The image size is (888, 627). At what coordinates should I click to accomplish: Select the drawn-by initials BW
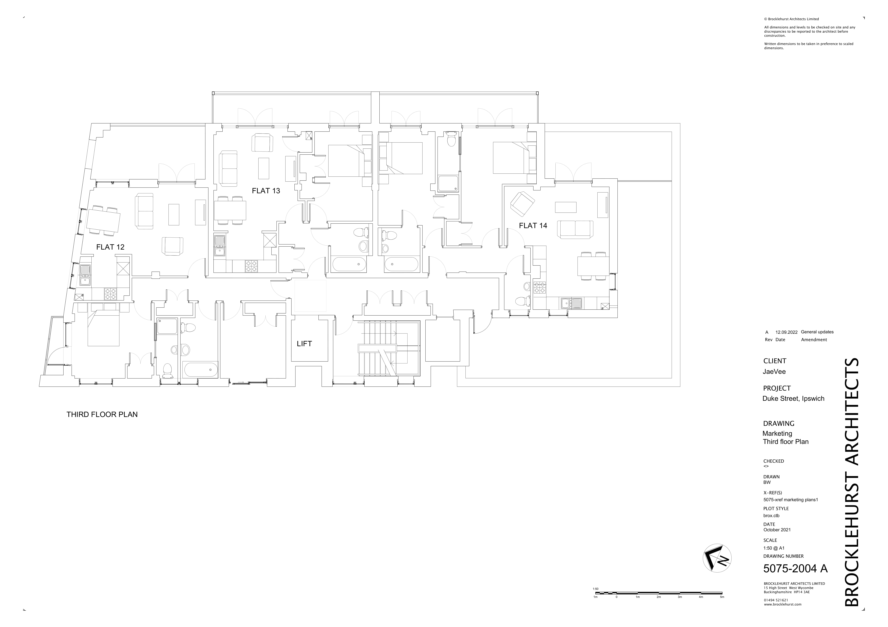767,482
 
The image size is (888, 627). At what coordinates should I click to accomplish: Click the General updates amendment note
817,332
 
